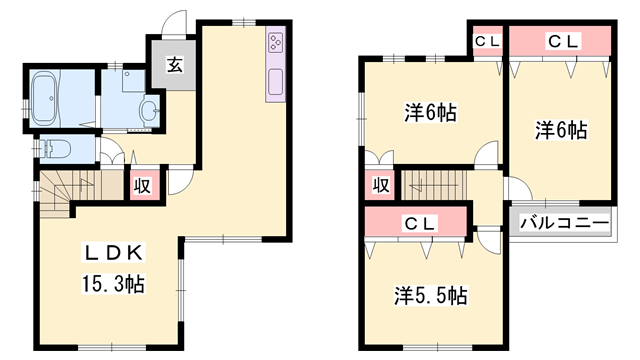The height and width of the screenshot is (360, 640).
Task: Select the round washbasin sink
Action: pos(149,109)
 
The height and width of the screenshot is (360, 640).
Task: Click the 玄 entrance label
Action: pos(173,67)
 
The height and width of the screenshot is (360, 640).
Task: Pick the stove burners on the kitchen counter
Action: pos(275,43)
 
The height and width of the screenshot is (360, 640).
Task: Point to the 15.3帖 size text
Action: pos(111,284)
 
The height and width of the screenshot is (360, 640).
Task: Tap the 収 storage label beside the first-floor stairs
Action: pos(143,186)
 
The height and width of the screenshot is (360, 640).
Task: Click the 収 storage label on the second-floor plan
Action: pos(380,185)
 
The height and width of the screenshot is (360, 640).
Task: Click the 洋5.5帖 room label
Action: pos(431,295)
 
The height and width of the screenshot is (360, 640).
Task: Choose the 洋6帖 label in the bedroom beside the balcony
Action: pos(560,129)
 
